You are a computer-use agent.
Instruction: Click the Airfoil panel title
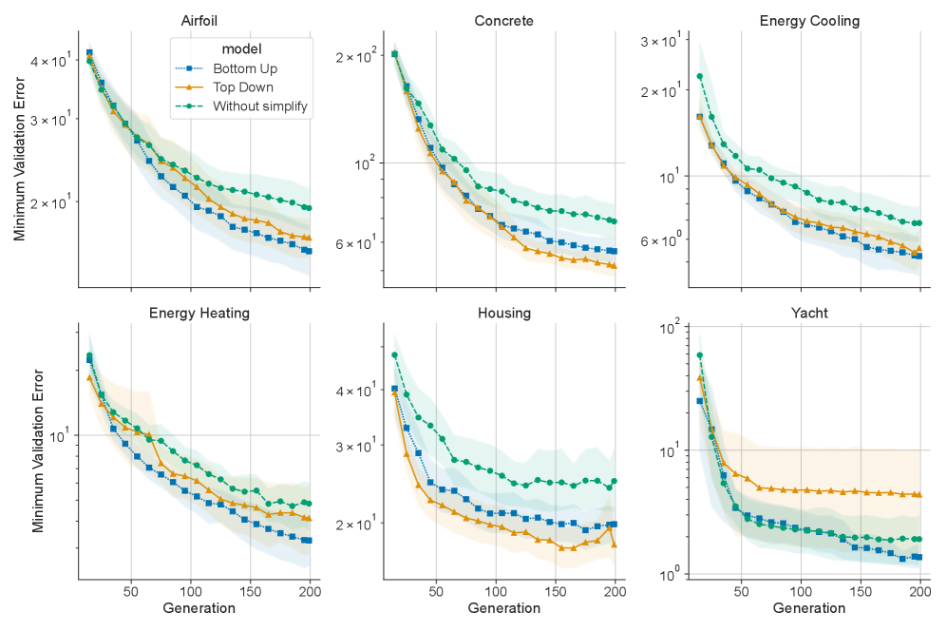[x=199, y=21]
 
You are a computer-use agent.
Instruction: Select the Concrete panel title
[x=503, y=21]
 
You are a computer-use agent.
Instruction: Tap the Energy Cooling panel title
[x=809, y=21]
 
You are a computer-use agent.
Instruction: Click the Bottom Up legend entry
[x=245, y=69]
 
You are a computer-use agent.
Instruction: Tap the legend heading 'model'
[x=241, y=48]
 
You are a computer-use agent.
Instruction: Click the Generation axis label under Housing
[x=503, y=608]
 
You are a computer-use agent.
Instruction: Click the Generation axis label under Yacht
[x=809, y=608]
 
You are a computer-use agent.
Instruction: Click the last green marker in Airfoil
[x=309, y=208]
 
